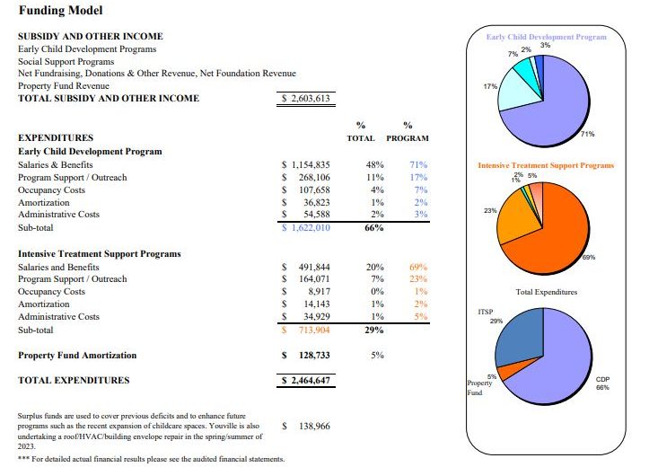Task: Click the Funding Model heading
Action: [x=60, y=11]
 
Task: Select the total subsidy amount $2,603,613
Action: [x=306, y=99]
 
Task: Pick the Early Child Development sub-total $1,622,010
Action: [x=306, y=228]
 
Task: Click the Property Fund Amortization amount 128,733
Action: [x=311, y=355]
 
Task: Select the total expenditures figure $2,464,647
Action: [x=306, y=381]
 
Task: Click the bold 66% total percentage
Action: [x=373, y=228]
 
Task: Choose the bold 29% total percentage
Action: [x=373, y=330]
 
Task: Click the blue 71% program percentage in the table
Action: [x=417, y=164]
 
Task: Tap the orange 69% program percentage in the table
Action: [x=417, y=267]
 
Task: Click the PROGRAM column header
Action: [x=408, y=138]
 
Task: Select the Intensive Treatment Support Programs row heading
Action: [x=100, y=253]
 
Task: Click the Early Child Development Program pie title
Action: [x=546, y=37]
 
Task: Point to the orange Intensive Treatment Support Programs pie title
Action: [x=546, y=165]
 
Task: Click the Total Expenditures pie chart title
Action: [x=547, y=292]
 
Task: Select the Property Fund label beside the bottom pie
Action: [x=479, y=387]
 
